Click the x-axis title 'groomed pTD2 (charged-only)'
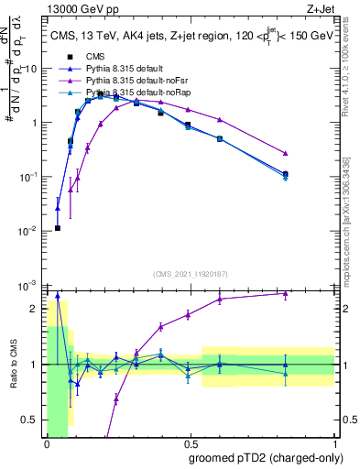(266, 457)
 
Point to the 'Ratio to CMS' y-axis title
(13, 364)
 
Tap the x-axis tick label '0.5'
(191, 443)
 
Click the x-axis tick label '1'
(334, 443)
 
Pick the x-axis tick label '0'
(47, 443)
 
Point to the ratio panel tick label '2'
(34, 310)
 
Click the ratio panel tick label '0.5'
(29, 420)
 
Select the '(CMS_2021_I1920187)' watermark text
(191, 273)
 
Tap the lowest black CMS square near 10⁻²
(58, 228)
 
